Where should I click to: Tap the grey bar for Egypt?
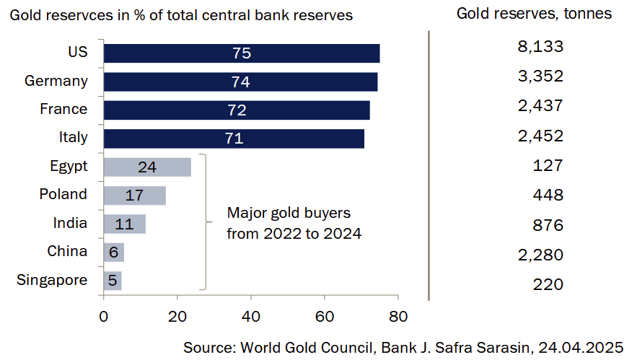(x=147, y=167)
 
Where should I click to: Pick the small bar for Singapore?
(x=113, y=281)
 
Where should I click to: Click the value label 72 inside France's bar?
(x=237, y=110)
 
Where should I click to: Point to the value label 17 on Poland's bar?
(x=134, y=196)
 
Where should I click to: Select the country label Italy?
(x=73, y=137)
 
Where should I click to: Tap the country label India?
(x=71, y=223)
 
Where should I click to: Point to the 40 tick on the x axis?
(x=250, y=315)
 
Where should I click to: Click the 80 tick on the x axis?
(x=398, y=315)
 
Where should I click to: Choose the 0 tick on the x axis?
(x=104, y=315)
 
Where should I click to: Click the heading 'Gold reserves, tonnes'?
(x=534, y=13)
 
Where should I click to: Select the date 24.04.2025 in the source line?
(x=580, y=347)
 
